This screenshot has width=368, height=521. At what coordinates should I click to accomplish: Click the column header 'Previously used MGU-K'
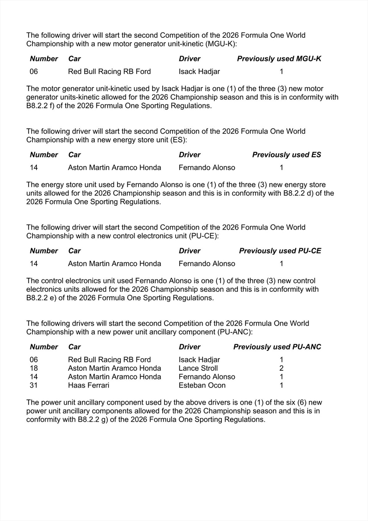(x=279, y=59)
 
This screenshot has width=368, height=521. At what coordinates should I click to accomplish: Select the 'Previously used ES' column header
(x=286, y=155)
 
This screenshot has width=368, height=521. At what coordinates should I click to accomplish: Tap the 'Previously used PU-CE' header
(x=280, y=251)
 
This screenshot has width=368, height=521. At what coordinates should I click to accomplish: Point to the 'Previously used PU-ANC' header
(x=277, y=347)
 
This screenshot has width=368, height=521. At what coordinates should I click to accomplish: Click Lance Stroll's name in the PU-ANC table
(x=198, y=368)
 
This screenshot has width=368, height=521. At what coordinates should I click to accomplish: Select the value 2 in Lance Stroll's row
(x=281, y=368)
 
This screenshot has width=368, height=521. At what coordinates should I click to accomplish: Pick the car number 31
(x=34, y=385)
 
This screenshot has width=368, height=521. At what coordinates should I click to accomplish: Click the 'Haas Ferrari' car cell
(x=89, y=385)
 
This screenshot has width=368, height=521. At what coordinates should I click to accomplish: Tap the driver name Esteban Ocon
(x=202, y=385)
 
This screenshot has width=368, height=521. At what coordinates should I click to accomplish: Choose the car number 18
(x=34, y=368)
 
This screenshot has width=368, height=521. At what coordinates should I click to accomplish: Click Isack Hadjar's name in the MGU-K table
(x=199, y=72)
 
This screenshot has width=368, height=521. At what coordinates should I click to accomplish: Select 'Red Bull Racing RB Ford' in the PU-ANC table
(x=109, y=359)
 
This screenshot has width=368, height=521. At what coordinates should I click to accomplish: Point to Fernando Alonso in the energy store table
(x=207, y=168)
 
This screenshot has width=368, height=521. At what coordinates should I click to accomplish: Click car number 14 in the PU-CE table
(x=34, y=264)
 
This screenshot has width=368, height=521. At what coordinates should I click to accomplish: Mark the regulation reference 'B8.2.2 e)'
(x=42, y=298)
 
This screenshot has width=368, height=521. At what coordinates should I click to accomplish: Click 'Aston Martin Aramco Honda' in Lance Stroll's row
(x=115, y=368)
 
